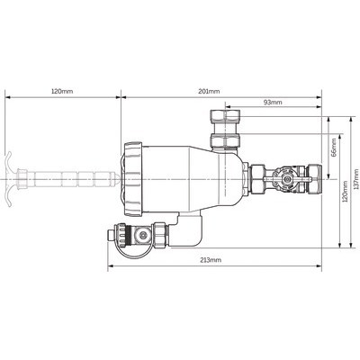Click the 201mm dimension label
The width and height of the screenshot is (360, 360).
click(209, 91)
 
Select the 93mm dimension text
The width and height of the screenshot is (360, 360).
click(273, 103)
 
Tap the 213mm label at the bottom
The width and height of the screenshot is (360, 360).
click(211, 260)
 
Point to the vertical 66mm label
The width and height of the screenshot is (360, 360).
click(334, 148)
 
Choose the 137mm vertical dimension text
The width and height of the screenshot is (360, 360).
click(356, 179)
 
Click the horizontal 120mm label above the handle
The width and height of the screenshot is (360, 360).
click(62, 91)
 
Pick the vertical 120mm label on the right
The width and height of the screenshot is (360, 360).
click(345, 191)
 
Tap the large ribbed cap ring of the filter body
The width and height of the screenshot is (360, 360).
click(131, 179)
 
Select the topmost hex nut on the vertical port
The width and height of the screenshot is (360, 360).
click(226, 116)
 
